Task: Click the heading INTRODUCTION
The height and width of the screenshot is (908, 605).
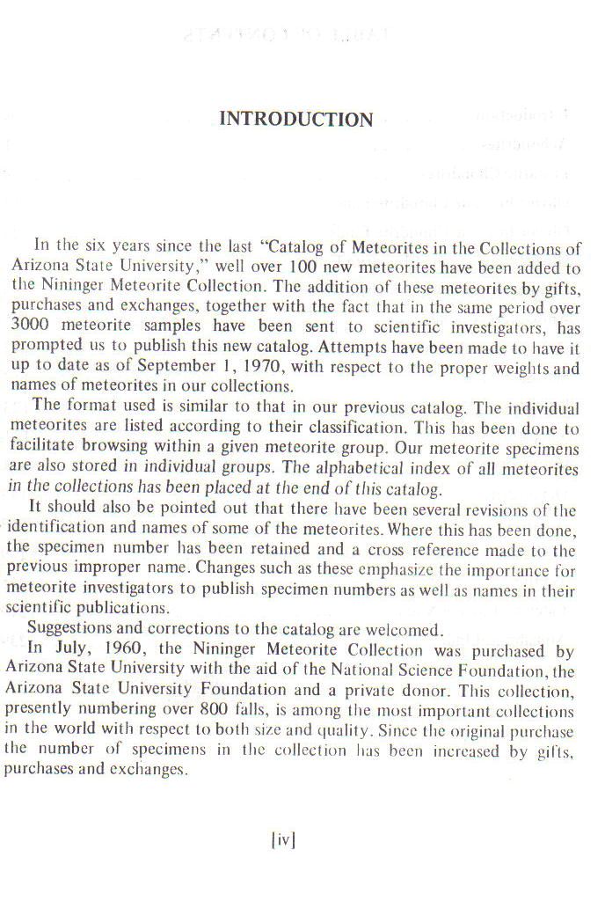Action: click(295, 120)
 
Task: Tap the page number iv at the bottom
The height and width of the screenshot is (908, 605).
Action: click(283, 840)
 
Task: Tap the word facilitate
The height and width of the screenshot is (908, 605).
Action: click(47, 448)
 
